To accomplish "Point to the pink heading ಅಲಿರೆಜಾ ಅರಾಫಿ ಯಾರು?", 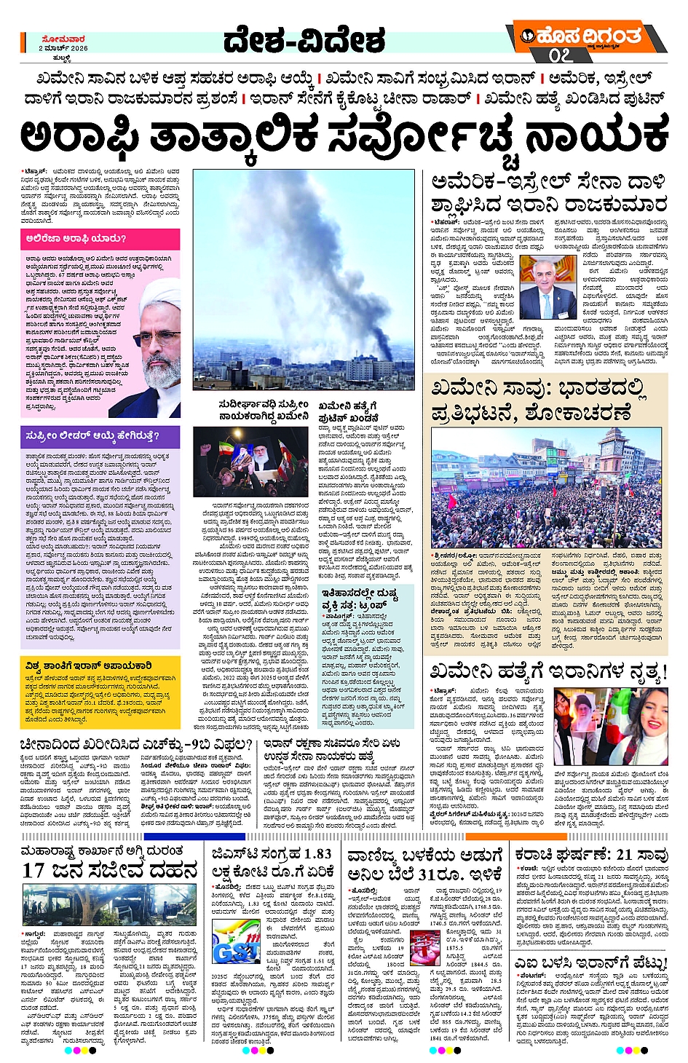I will [x=76, y=238].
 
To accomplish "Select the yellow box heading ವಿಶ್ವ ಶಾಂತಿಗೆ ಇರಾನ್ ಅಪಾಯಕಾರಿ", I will [x=89, y=665].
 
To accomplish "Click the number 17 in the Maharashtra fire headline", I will [x=33, y=872].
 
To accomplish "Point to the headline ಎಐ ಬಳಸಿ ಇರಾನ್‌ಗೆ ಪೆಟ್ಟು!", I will [x=590, y=963].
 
